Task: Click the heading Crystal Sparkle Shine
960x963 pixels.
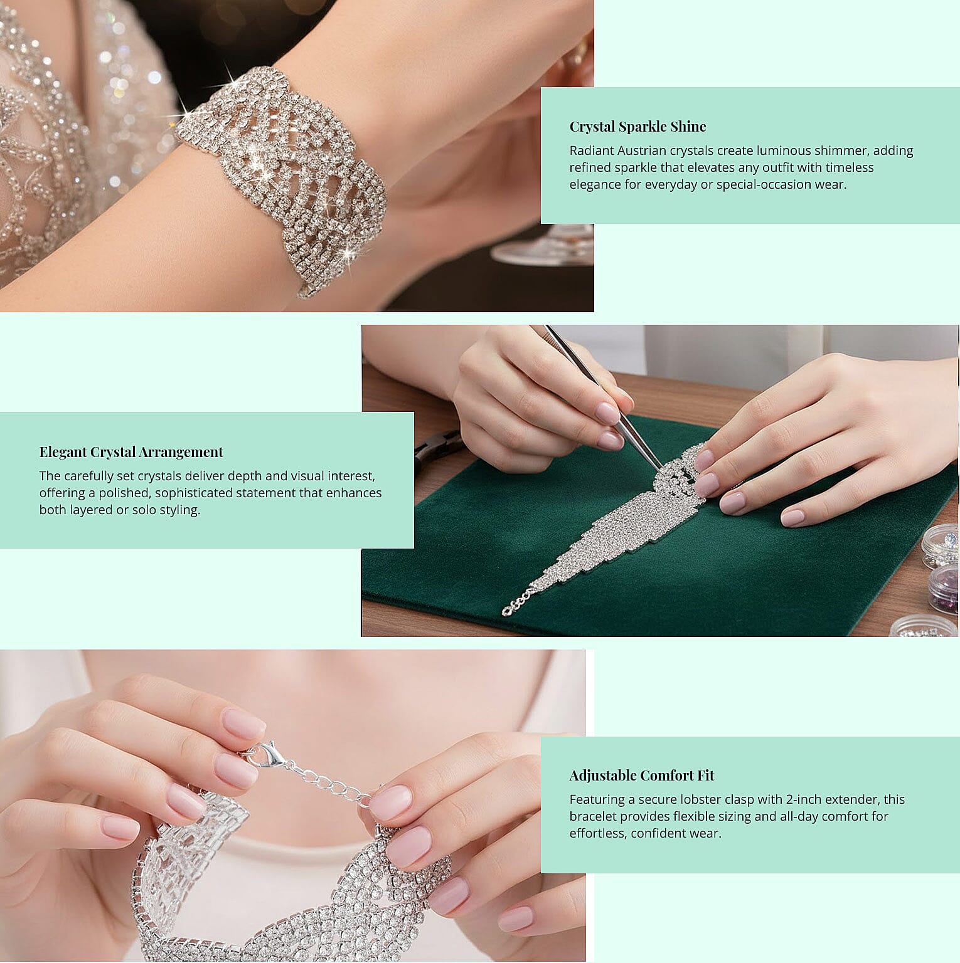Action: point(637,127)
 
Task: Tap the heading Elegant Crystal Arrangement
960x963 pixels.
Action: point(131,452)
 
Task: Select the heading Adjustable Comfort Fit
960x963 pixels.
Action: point(641,776)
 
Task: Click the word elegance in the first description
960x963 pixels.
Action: point(596,184)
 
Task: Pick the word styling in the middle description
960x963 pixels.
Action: point(179,510)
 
